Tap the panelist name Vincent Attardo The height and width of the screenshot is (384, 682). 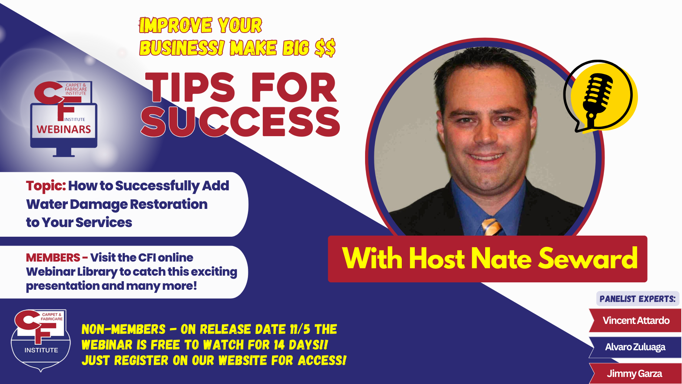[636, 321]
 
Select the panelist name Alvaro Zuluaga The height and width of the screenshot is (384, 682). [635, 347]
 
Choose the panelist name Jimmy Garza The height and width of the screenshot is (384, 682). [634, 374]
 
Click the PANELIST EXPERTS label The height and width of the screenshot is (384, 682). [638, 299]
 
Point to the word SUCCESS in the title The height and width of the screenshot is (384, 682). [240, 122]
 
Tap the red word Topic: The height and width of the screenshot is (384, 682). [46, 186]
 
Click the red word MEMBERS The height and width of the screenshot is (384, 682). [53, 257]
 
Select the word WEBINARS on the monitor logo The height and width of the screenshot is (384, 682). [64, 129]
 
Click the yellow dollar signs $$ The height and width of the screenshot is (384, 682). [325, 48]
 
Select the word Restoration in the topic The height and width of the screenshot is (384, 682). [169, 204]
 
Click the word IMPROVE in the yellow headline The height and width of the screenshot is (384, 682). [176, 26]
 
